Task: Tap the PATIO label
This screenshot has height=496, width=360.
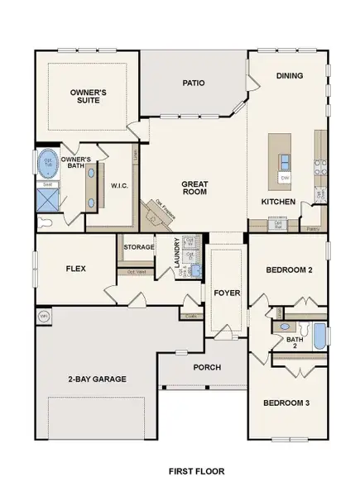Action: tap(193, 83)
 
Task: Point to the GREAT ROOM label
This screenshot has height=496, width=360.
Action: tap(194, 187)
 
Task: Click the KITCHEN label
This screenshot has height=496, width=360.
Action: tap(278, 201)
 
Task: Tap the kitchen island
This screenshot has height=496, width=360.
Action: tap(285, 165)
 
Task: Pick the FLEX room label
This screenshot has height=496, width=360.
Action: tap(77, 269)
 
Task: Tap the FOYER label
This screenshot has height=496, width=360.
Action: tap(227, 293)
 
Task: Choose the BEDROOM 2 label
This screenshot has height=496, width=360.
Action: tap(288, 270)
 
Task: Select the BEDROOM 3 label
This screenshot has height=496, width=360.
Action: tap(286, 403)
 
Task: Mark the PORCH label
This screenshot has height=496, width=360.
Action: tap(206, 367)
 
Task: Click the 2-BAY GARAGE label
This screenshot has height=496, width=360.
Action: tap(97, 379)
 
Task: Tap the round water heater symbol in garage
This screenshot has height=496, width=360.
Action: tap(44, 315)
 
